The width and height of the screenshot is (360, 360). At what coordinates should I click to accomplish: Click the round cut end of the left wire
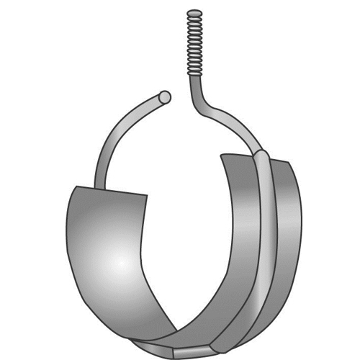(165, 96)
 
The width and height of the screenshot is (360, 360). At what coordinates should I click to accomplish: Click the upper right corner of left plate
(147, 194)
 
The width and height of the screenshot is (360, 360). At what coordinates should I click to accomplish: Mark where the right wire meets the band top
(259, 153)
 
